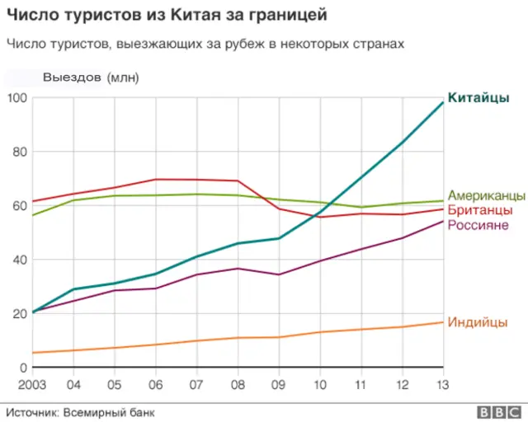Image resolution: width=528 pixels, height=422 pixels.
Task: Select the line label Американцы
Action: [486, 196]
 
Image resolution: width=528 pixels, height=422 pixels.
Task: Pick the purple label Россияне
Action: [478, 225]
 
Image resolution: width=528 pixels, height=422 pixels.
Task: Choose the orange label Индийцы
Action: [477, 322]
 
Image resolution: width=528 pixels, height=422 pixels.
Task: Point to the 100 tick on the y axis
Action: [17, 98]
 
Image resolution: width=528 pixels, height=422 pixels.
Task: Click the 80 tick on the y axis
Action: [20, 152]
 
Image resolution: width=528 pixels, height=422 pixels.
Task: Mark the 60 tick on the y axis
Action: [20, 206]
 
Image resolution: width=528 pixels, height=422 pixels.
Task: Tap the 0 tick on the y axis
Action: [23, 368]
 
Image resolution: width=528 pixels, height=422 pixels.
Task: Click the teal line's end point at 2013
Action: [443, 102]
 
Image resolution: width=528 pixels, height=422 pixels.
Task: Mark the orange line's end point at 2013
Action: [443, 322]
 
